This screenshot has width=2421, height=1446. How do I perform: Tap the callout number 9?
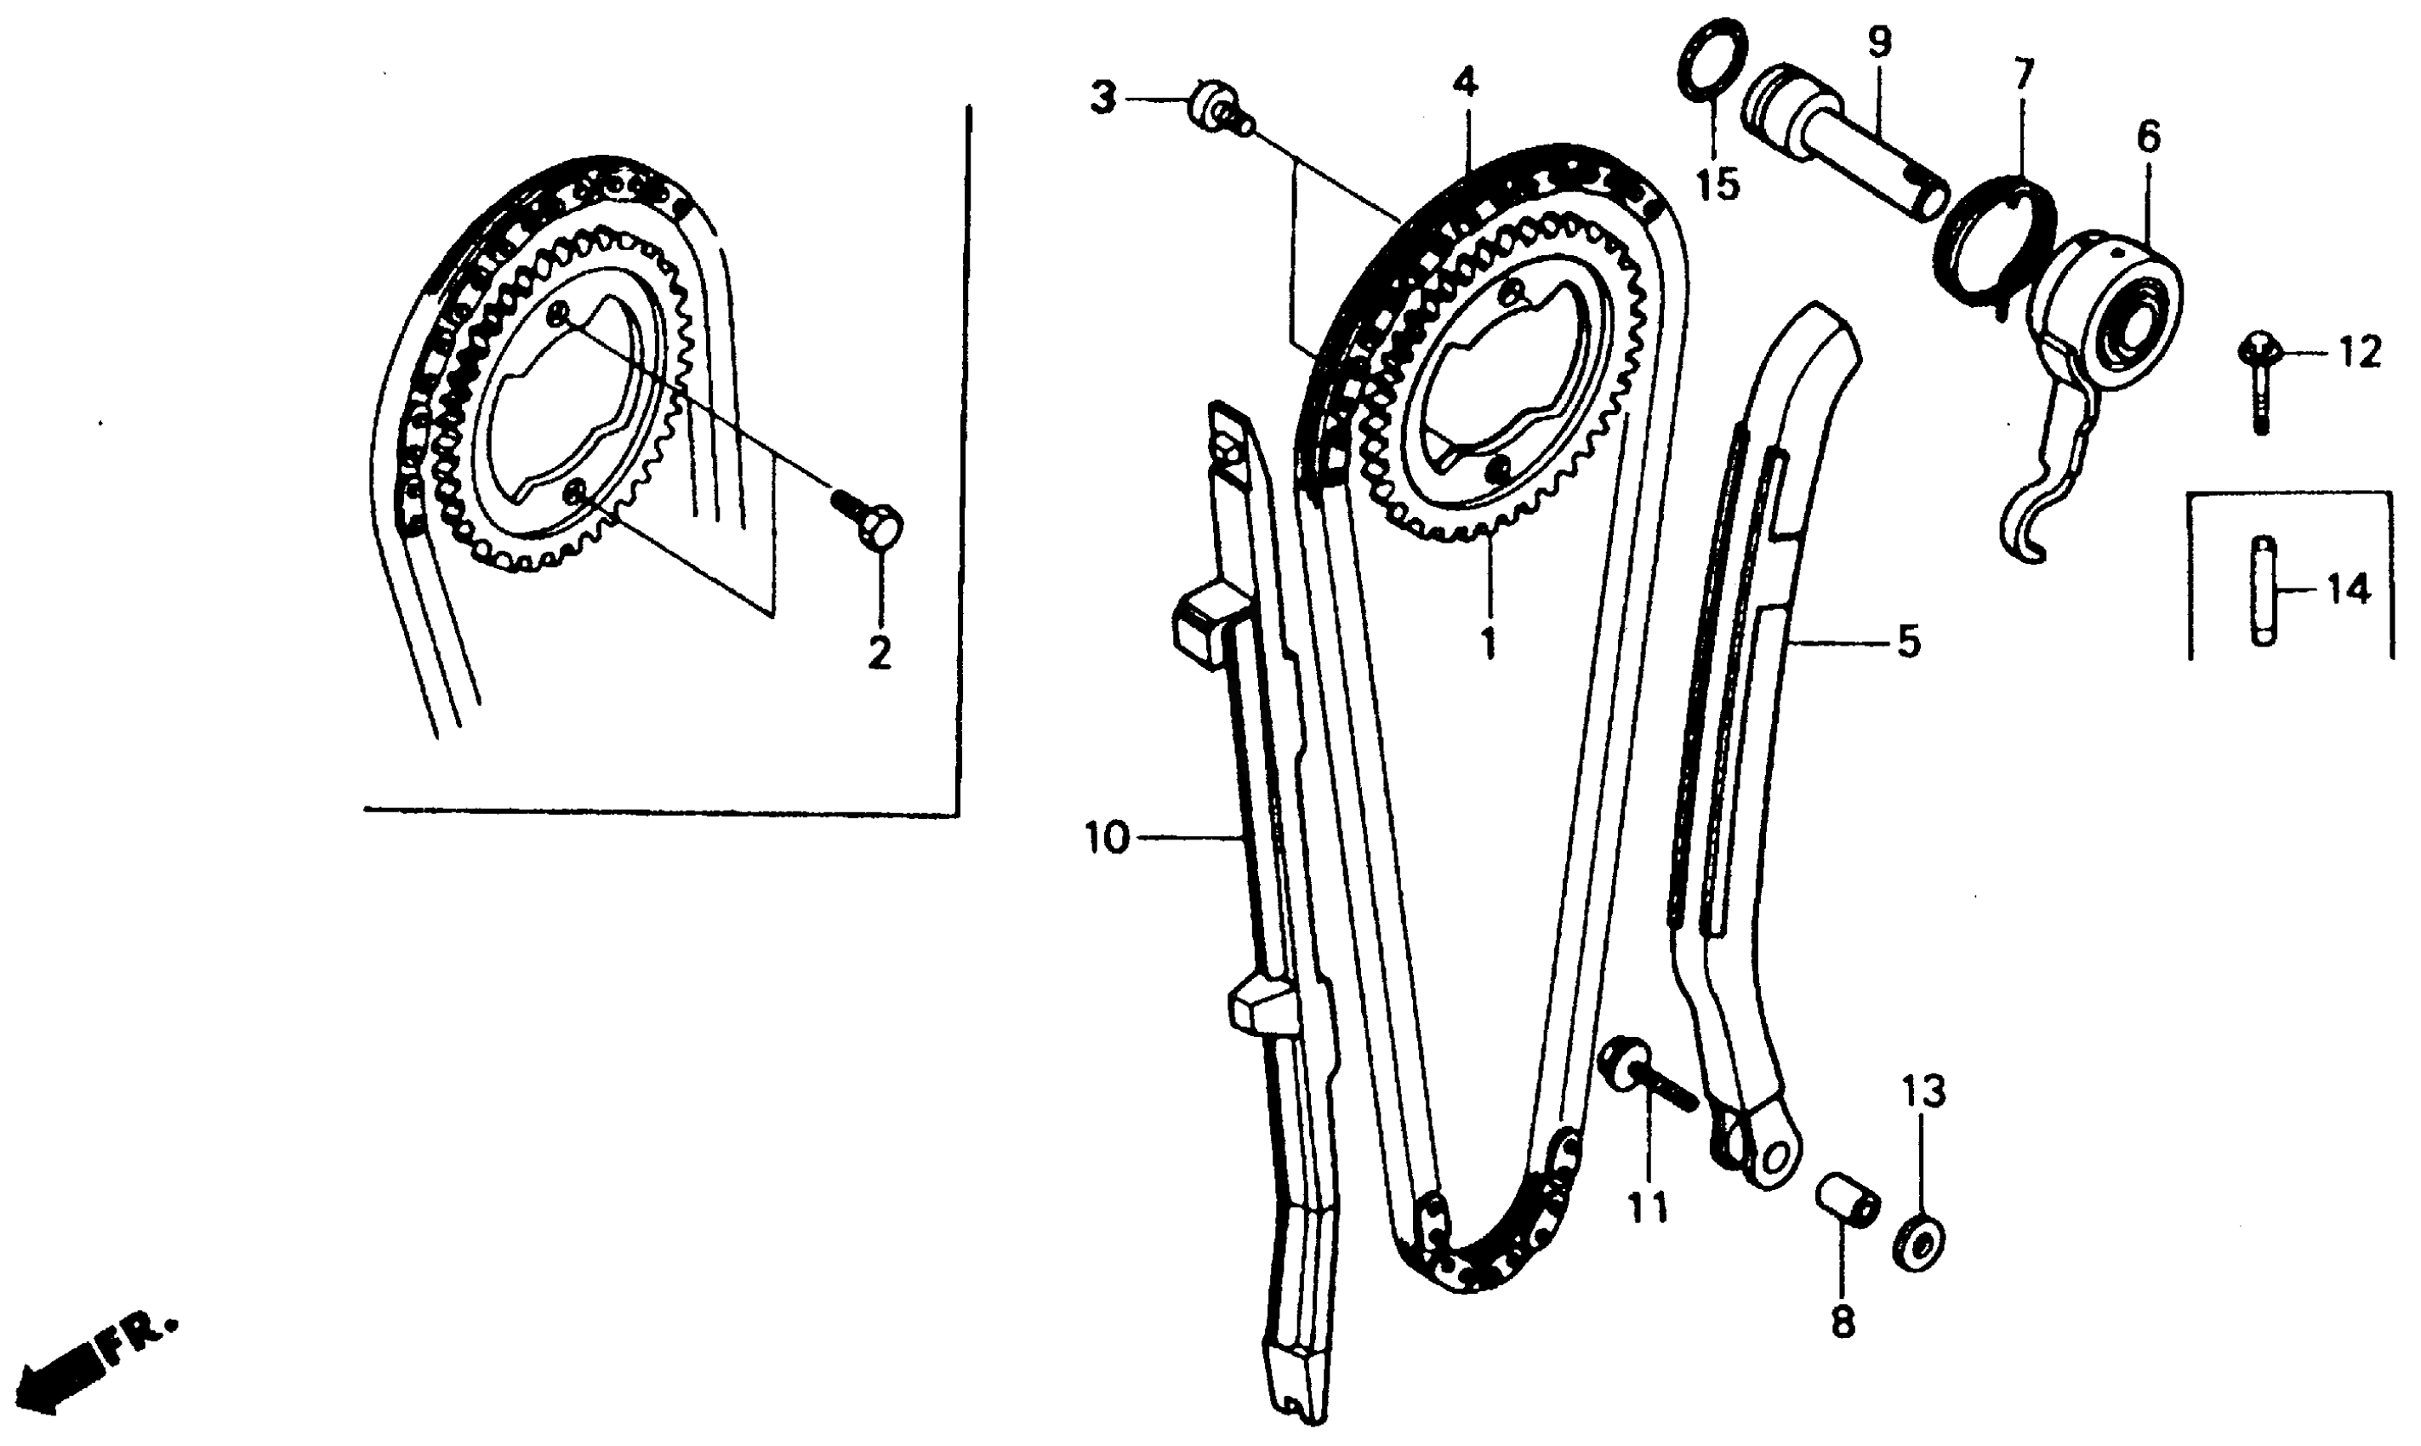coord(1879,42)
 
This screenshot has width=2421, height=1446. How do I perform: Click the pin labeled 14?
coord(2262,590)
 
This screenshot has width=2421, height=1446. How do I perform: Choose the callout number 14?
coord(2350,589)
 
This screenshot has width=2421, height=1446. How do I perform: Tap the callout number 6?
coord(2147,138)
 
